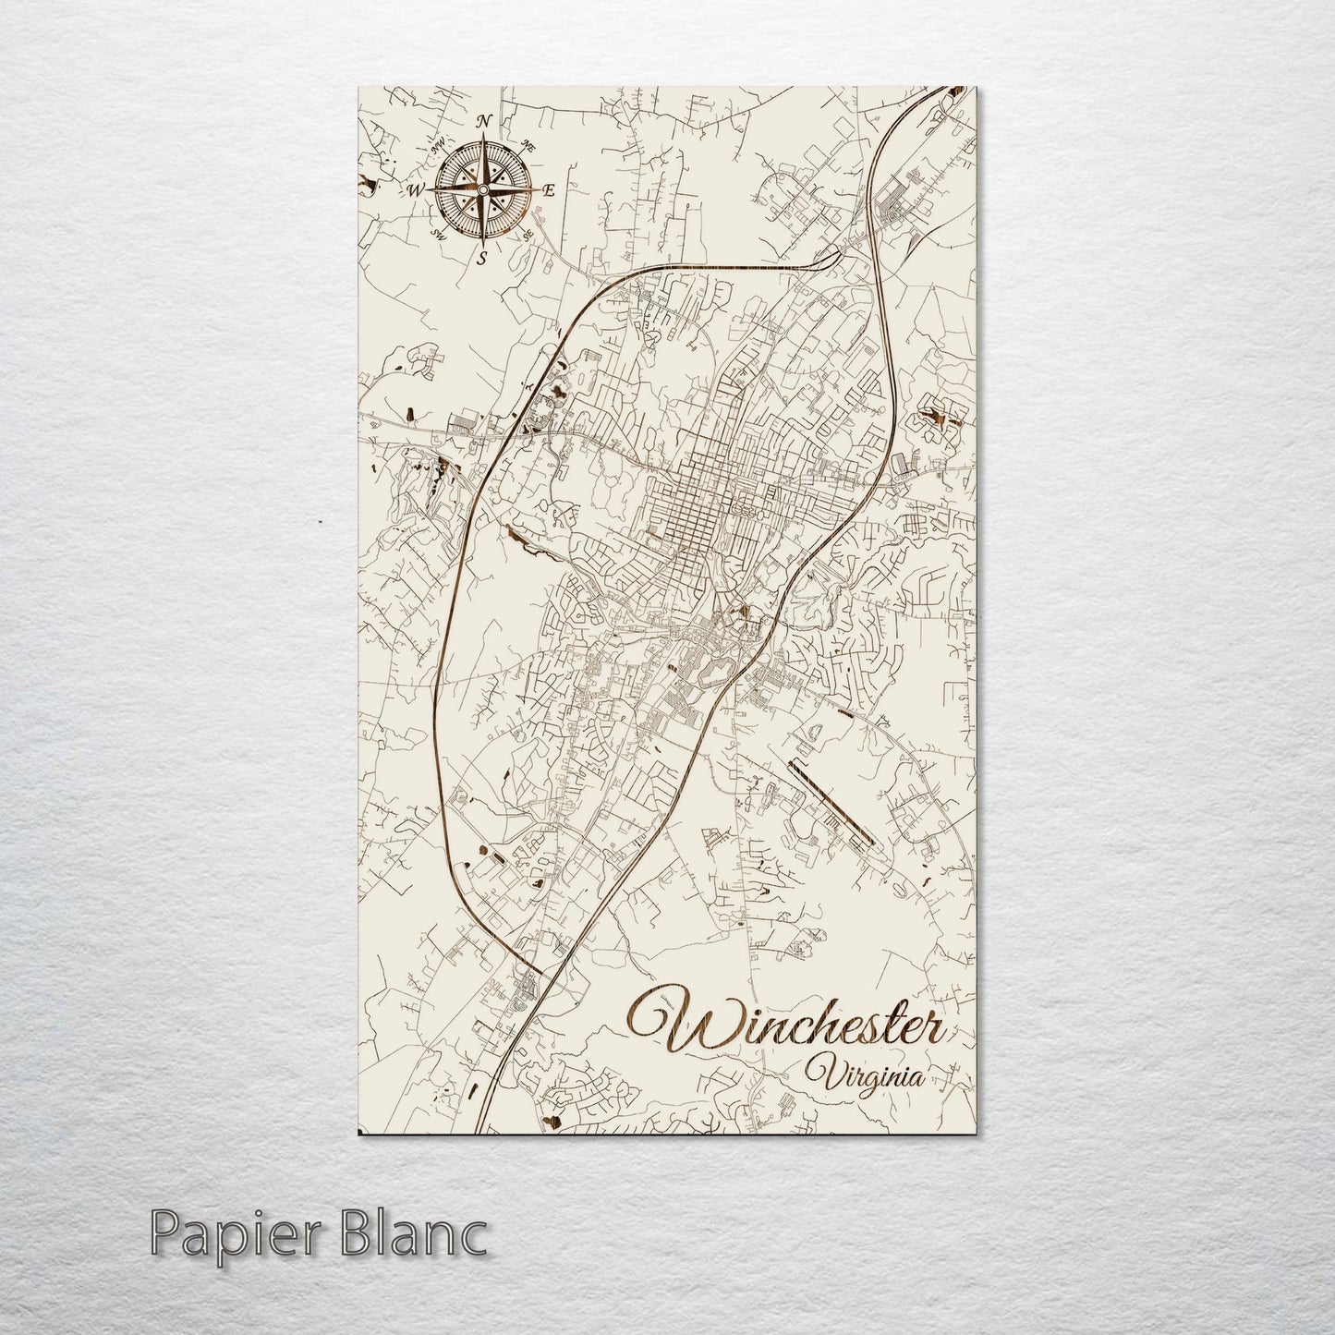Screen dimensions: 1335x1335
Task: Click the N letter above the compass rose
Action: [x=482, y=122]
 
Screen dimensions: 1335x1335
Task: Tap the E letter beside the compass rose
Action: [x=547, y=191]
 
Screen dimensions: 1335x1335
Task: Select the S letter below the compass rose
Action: [x=481, y=259]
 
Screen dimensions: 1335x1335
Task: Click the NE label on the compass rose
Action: [x=528, y=145]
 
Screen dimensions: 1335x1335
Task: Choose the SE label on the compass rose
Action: [x=528, y=237]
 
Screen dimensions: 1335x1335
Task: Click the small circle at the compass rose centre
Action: [x=481, y=190]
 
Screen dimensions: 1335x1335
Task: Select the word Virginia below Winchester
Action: [x=865, y=1075]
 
